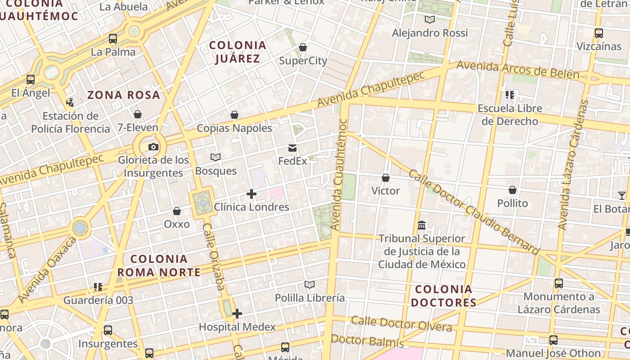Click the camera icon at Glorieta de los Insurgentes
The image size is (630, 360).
[153, 147]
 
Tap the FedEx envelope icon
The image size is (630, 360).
[292, 148]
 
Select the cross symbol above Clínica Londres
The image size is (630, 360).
[252, 194]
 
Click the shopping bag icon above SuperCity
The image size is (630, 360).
[303, 47]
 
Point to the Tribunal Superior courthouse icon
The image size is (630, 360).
[422, 225]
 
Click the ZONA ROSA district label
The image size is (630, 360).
[124, 95]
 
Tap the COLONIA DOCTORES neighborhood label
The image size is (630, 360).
[444, 296]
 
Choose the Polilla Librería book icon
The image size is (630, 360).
[309, 284]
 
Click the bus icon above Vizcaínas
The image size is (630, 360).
[598, 33]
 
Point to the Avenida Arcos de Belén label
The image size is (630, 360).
[517, 70]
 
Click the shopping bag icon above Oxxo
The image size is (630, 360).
[177, 211]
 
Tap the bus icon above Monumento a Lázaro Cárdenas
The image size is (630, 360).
[558, 283]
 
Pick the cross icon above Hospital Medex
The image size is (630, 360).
[237, 314]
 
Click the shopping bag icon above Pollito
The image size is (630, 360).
[512, 190]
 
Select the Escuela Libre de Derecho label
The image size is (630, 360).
[510, 115]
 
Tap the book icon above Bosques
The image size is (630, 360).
[216, 157]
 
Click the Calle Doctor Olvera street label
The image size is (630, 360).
[401, 324]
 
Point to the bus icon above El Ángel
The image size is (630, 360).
[31, 80]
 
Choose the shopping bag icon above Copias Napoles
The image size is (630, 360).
[234, 115]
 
